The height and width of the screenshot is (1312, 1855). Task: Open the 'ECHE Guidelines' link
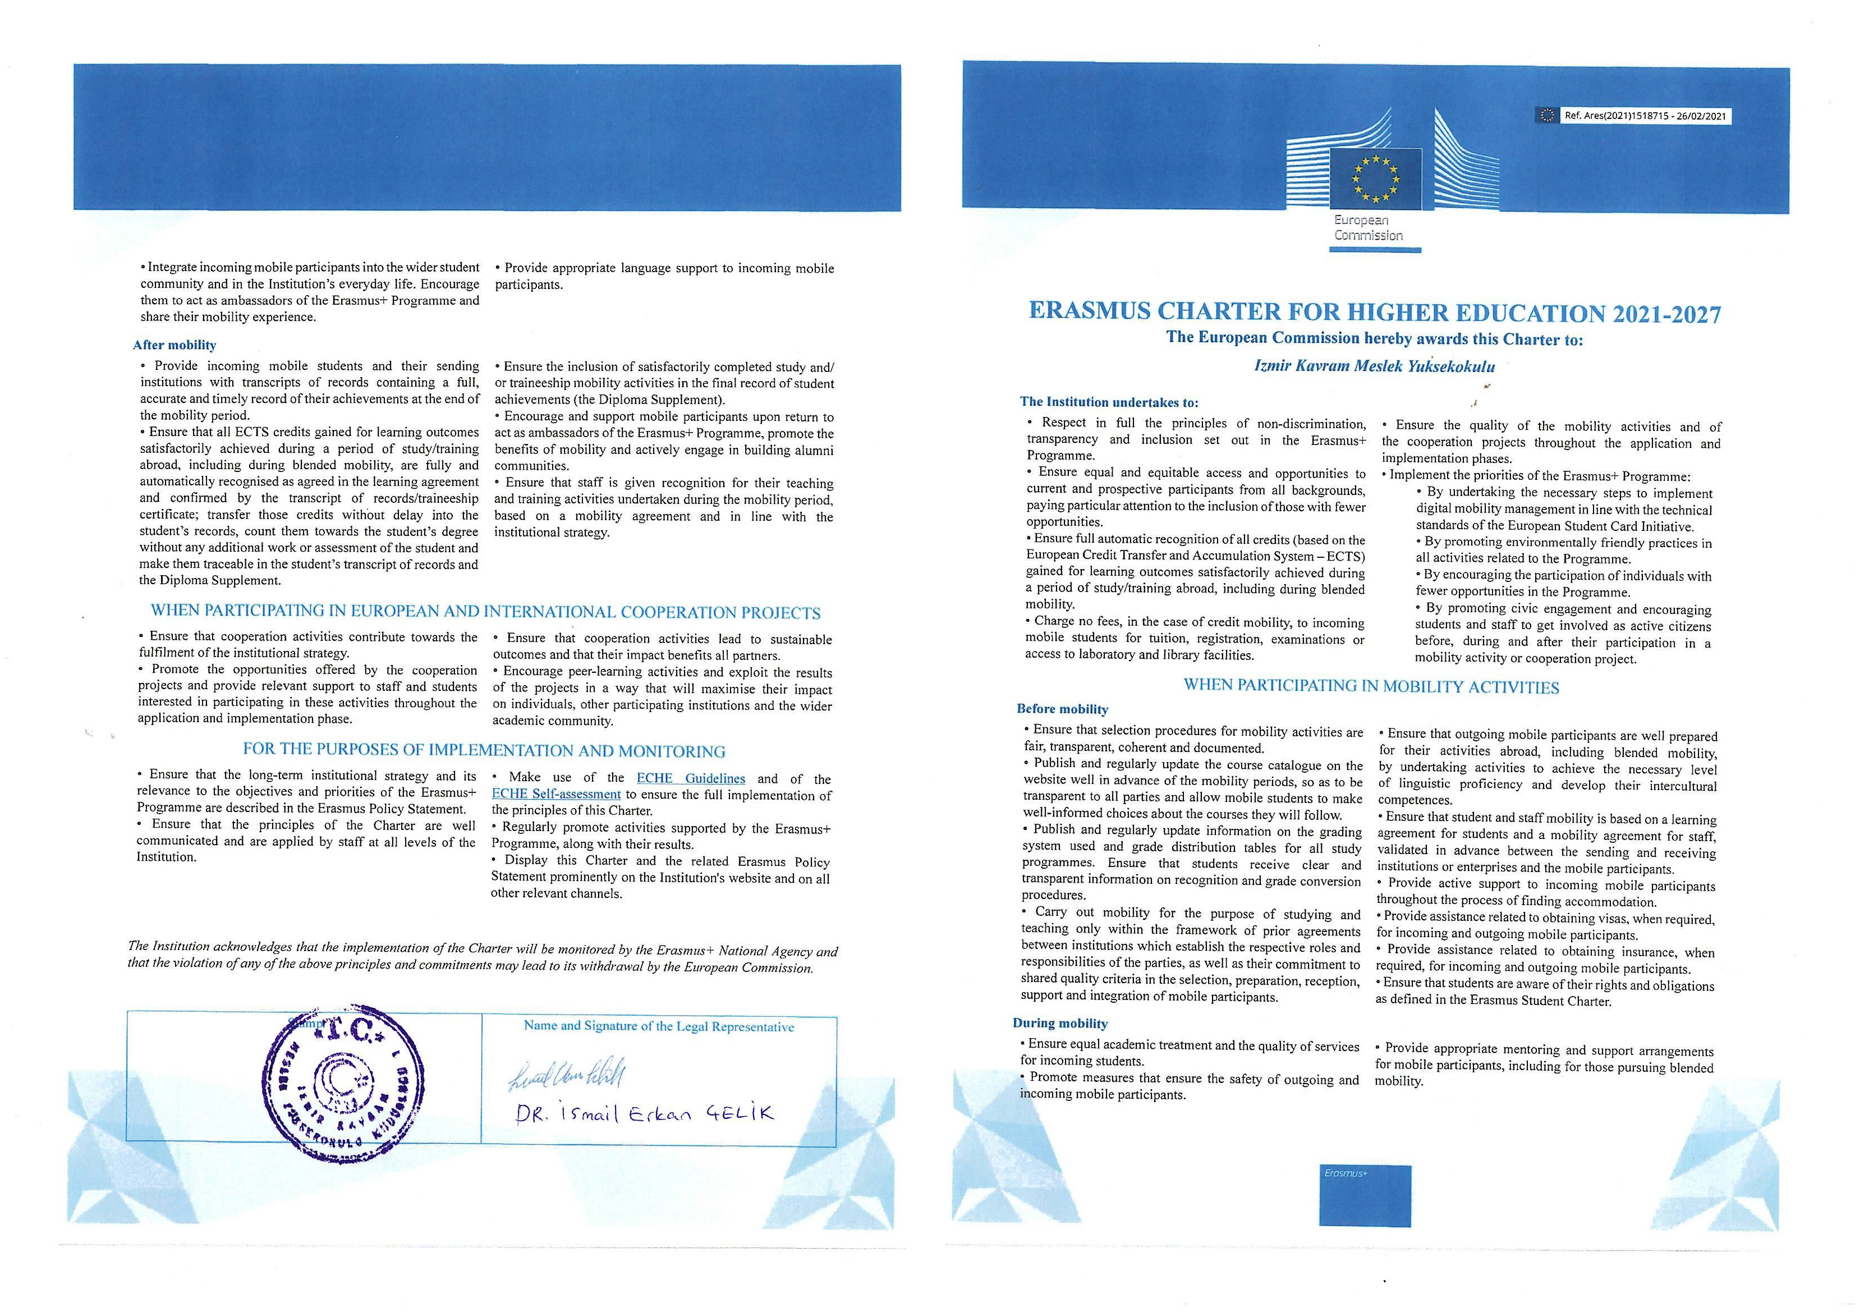tap(690, 778)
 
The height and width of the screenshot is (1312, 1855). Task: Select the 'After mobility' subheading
tap(175, 345)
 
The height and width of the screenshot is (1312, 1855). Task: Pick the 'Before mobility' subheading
tap(1062, 709)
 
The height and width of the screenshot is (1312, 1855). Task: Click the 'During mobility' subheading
tap(1060, 1023)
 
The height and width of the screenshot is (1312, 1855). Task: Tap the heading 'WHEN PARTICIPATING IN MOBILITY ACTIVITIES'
tap(1371, 687)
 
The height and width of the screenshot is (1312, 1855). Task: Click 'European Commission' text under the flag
tap(1368, 228)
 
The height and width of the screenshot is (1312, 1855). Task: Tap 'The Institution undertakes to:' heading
tap(1109, 402)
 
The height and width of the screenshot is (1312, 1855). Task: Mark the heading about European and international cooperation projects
tap(485, 612)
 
